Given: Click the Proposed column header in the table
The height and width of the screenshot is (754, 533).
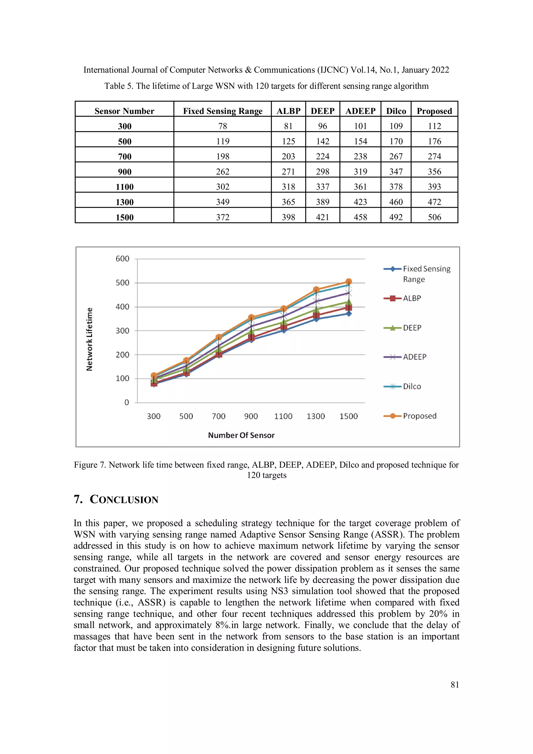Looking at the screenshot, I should (434, 111).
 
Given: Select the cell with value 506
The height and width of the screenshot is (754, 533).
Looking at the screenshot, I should (434, 217).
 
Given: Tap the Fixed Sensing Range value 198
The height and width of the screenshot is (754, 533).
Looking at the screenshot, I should (223, 156).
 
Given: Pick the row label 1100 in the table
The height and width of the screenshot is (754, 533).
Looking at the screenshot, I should (124, 187).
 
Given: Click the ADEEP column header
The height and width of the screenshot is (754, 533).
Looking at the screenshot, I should (360, 111).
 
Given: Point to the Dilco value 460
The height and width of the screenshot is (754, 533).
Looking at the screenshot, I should (396, 202).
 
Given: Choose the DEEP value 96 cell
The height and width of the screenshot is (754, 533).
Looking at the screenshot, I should (322, 126).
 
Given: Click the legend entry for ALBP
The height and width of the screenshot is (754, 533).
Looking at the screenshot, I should (411, 298).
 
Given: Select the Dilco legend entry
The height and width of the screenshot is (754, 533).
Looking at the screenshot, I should (411, 386).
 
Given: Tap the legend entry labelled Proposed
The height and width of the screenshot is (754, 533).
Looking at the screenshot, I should (419, 416).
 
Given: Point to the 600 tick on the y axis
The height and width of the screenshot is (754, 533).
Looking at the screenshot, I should (123, 259).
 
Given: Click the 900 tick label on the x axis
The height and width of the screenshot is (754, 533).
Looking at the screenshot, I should (251, 416).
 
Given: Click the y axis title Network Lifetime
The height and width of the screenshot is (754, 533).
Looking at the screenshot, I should (89, 339).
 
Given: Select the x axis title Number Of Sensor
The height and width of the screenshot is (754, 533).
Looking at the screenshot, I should (241, 435).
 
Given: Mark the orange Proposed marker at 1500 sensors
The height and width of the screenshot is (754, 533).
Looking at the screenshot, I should (349, 282).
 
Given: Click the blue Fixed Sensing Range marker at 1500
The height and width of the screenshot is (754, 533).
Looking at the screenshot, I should (349, 314).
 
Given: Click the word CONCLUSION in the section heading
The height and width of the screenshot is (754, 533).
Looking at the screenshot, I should (124, 499).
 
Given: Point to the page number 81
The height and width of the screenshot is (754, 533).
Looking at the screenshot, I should (454, 685).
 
